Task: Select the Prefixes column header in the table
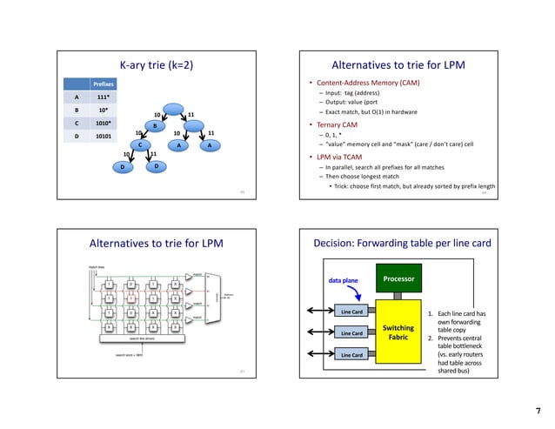80,84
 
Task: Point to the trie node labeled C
138,145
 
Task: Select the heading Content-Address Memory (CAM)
379,83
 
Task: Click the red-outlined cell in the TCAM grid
131,298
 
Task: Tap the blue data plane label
345,281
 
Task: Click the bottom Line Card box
351,355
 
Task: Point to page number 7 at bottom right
538,410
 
